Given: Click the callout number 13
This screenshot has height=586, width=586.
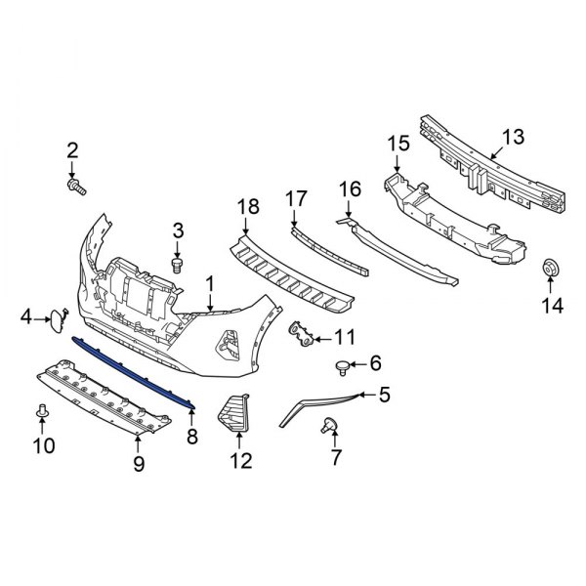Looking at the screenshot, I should tap(514, 136).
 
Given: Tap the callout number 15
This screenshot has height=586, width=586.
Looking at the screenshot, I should tap(398, 145).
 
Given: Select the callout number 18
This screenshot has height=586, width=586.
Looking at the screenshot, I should tap(248, 206).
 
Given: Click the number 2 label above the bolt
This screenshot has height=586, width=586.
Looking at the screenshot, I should tap(72, 149).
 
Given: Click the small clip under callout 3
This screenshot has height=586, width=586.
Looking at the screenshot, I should tap(177, 264).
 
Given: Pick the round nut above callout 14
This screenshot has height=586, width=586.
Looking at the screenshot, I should tap(550, 270).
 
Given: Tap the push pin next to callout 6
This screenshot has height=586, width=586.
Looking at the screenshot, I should tap(342, 366).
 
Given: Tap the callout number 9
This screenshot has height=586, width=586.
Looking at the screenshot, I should tap(139, 465).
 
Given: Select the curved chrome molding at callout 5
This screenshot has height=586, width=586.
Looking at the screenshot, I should tap(322, 402).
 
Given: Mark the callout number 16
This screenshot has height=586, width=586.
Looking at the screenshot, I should tap(350, 188).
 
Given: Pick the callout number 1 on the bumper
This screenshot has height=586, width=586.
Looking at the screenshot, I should tap(209, 284).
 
